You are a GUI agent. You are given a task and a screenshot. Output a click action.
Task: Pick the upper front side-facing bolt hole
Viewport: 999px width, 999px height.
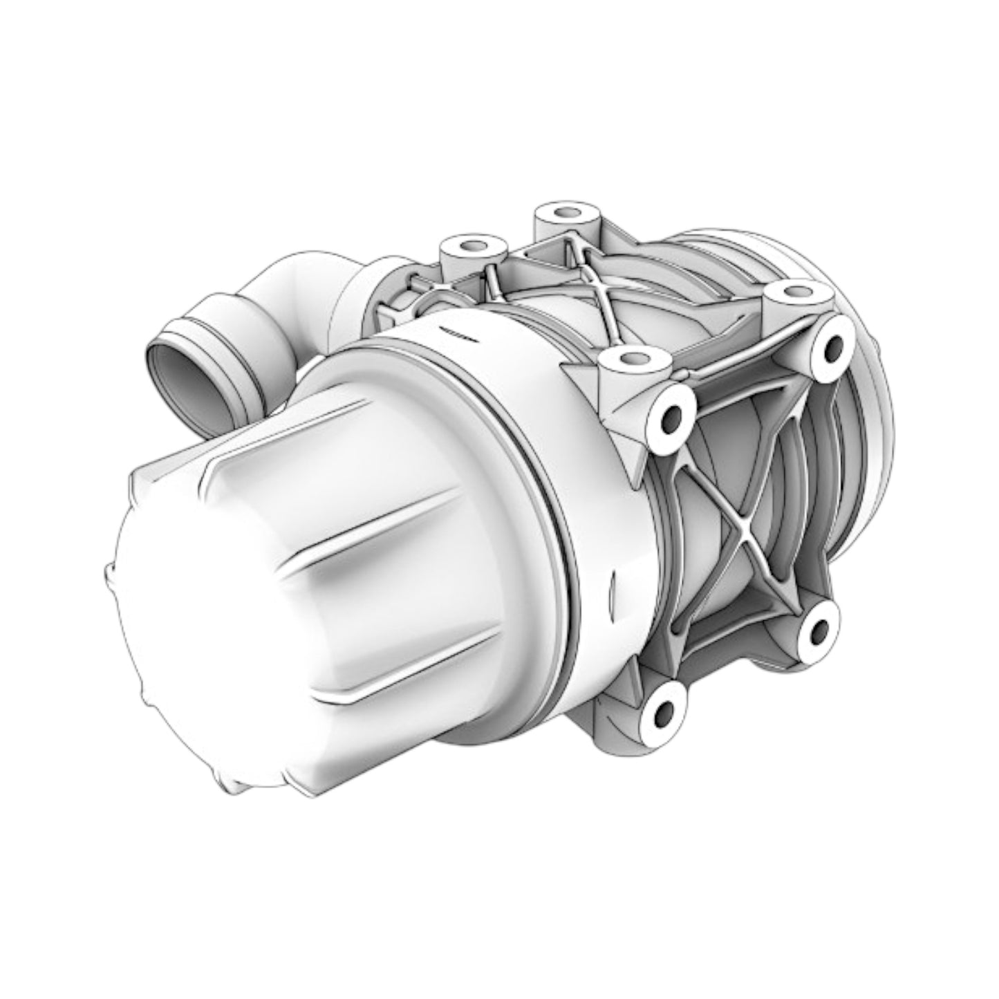(x=669, y=416)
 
